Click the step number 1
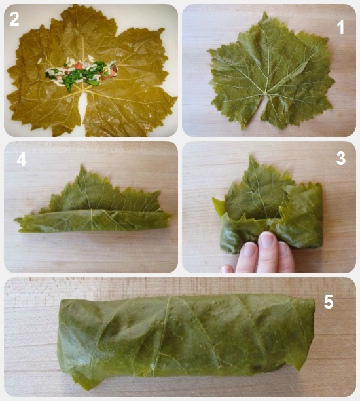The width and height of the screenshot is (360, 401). pyautogui.click(x=340, y=28)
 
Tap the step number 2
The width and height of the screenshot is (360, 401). pyautogui.click(x=14, y=19)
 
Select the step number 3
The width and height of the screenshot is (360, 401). pyautogui.click(x=341, y=159)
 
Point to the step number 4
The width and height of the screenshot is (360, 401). pyautogui.click(x=22, y=159)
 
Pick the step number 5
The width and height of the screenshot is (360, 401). pyautogui.click(x=329, y=302)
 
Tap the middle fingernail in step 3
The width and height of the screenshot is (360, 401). pyautogui.click(x=267, y=240)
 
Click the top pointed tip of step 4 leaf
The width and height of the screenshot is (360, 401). pyautogui.click(x=82, y=166)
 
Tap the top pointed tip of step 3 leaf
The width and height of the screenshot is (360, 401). pyautogui.click(x=251, y=156)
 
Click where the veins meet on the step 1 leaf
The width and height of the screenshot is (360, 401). pyautogui.click(x=267, y=94)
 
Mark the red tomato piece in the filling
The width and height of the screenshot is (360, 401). pyautogui.click(x=79, y=66)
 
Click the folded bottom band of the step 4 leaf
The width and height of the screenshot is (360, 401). pyautogui.click(x=93, y=220)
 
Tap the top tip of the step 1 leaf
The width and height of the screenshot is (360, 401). pyautogui.click(x=264, y=13)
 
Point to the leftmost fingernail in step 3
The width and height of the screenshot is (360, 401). pyautogui.click(x=250, y=249)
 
